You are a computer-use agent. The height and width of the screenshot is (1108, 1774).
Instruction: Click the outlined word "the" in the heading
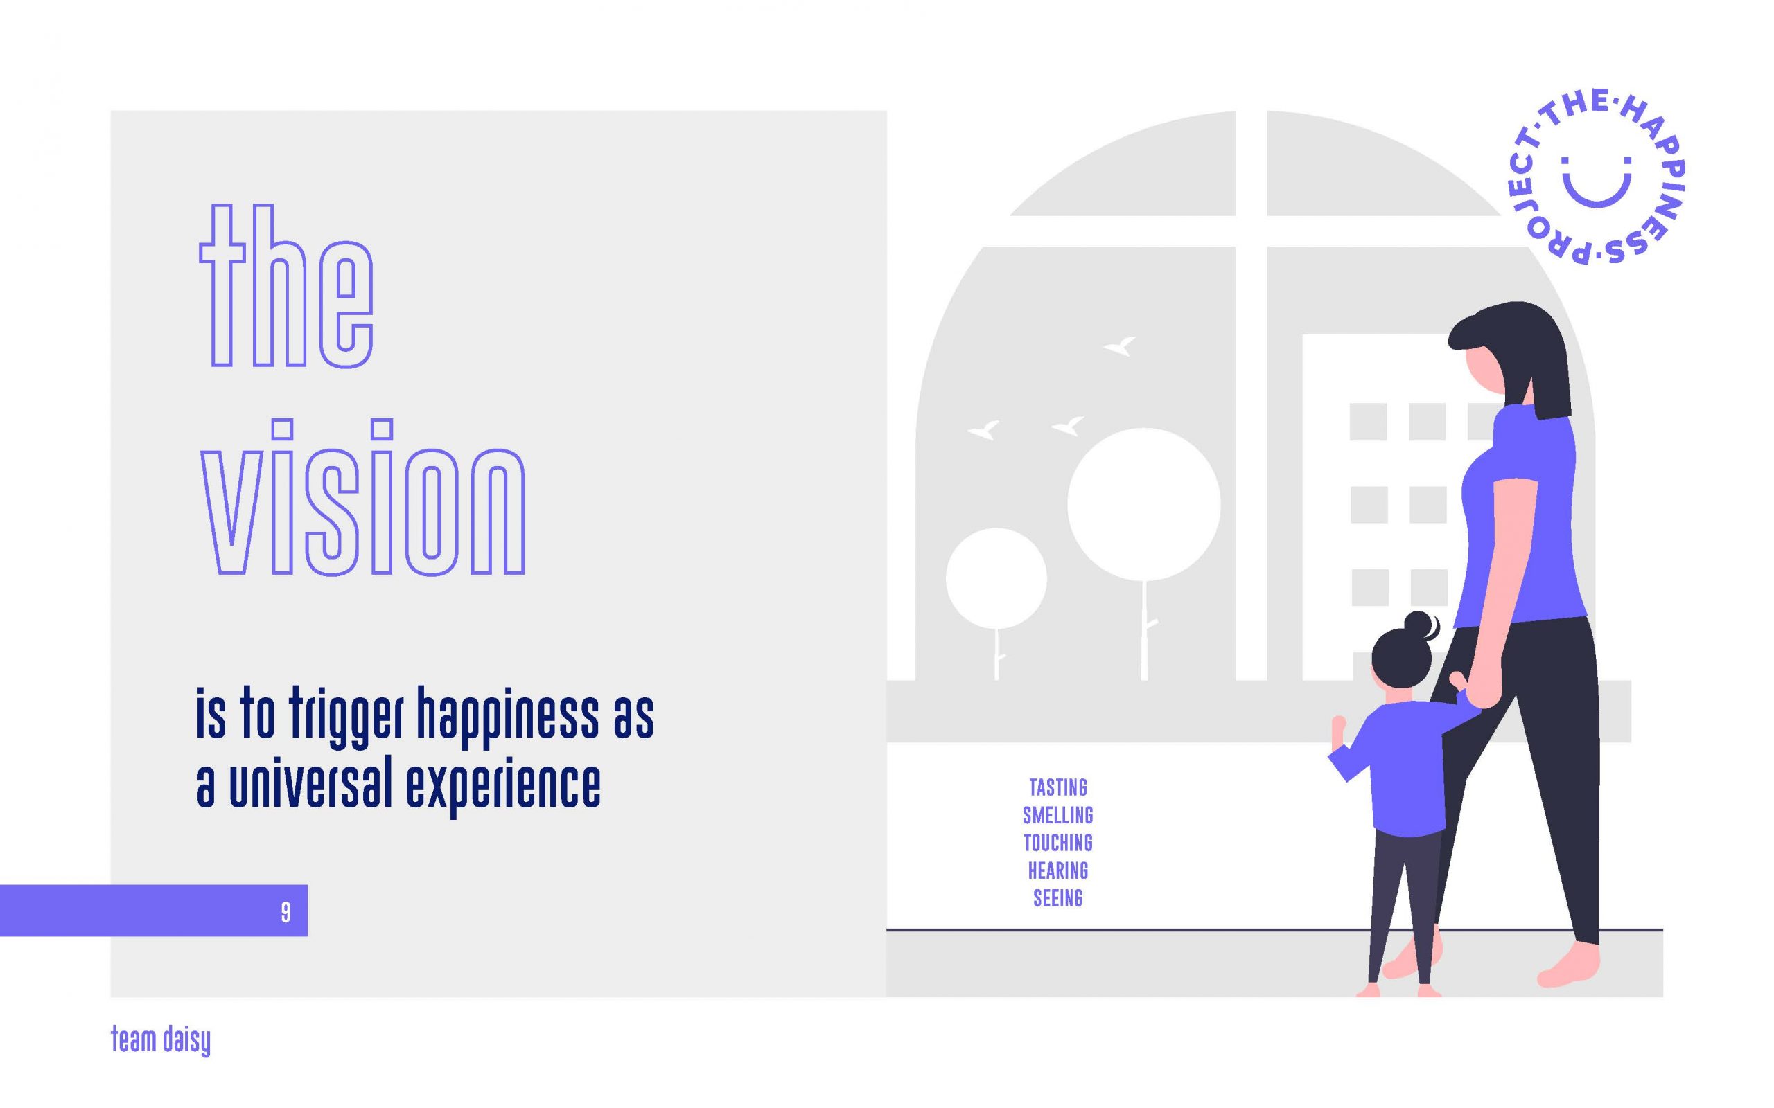pos(287,286)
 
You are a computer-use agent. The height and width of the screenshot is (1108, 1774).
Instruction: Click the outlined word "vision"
pos(364,497)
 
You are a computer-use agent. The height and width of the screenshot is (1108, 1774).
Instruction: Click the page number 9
pos(286,912)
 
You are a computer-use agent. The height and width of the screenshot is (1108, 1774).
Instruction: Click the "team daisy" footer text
pos(161,1041)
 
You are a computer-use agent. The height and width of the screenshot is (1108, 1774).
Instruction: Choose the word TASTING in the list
pos(1057,788)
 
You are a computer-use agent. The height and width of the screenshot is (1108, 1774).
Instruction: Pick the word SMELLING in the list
pos(1057,815)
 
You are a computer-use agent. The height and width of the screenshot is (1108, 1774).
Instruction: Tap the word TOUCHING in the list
pos(1057,843)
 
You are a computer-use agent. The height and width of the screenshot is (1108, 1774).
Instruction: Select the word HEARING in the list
pos(1057,870)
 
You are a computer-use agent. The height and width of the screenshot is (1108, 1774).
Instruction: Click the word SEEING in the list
pos(1057,898)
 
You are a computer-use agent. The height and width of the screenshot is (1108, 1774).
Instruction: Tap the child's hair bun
pos(1420,626)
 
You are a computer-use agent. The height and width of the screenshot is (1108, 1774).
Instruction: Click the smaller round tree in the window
pos(996,578)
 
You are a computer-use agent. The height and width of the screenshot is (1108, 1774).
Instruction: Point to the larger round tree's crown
pos(1143,504)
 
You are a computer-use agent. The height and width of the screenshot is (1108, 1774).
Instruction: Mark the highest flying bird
pos(1120,345)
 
